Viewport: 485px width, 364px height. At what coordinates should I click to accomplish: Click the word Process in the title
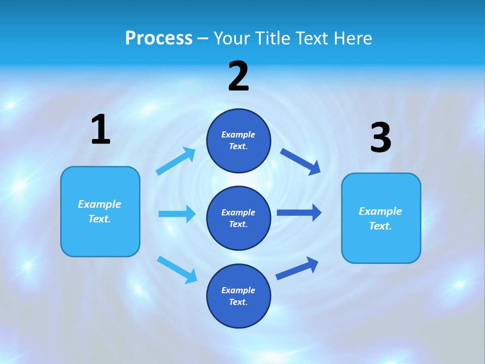(x=159, y=38)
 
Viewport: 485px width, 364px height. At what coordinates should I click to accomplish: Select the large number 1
(x=101, y=129)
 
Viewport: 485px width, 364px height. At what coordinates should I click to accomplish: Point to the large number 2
(x=238, y=76)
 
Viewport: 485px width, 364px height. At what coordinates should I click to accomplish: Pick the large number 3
(x=380, y=138)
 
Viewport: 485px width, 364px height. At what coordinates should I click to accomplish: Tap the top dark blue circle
(x=238, y=141)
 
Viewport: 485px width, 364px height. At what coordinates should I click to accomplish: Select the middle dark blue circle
(x=238, y=218)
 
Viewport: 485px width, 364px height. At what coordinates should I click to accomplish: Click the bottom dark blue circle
(x=238, y=296)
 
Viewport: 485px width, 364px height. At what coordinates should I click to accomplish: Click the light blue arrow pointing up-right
(x=176, y=161)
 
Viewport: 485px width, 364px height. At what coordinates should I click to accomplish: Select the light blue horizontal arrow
(x=177, y=214)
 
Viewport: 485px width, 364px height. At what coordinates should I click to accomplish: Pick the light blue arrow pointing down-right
(x=177, y=269)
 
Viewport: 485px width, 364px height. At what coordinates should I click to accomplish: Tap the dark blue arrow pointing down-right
(x=301, y=161)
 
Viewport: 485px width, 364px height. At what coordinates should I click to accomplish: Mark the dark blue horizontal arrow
(x=299, y=212)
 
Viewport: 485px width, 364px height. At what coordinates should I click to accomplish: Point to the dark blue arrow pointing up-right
(x=297, y=268)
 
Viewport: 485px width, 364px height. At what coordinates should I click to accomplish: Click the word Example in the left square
(x=100, y=204)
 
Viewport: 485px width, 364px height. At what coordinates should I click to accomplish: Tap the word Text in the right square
(x=380, y=226)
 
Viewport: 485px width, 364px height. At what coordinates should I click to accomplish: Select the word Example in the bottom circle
(x=238, y=290)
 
